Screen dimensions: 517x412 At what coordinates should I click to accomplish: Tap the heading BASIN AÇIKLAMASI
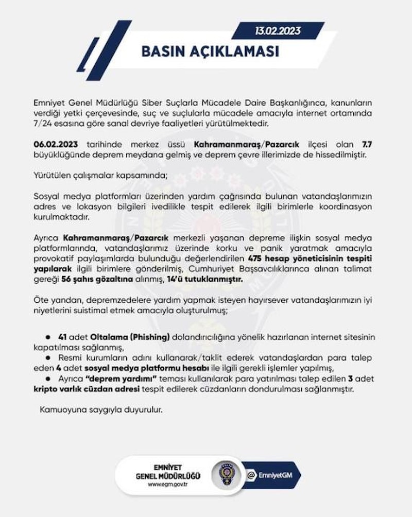[x=210, y=52]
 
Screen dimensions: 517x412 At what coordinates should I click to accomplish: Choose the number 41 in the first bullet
[x=64, y=337]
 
